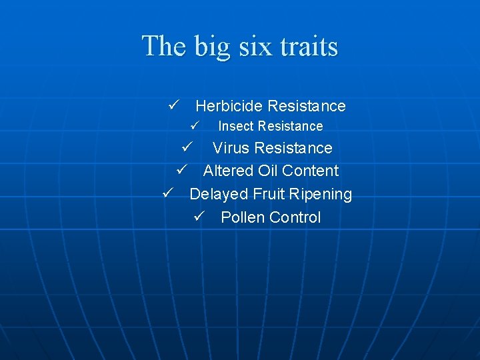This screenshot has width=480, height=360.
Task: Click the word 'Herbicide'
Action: click(x=229, y=106)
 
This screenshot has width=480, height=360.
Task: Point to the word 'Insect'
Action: click(x=236, y=126)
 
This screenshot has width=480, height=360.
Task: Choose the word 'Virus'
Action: click(x=231, y=148)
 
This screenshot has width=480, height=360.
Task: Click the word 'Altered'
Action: click(x=227, y=171)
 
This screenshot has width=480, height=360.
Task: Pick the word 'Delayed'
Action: click(x=217, y=194)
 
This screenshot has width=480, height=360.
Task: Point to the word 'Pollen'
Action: click(x=243, y=217)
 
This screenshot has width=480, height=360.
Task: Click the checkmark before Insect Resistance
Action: click(x=194, y=125)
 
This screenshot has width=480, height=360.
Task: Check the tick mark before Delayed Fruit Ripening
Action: click(x=168, y=193)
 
